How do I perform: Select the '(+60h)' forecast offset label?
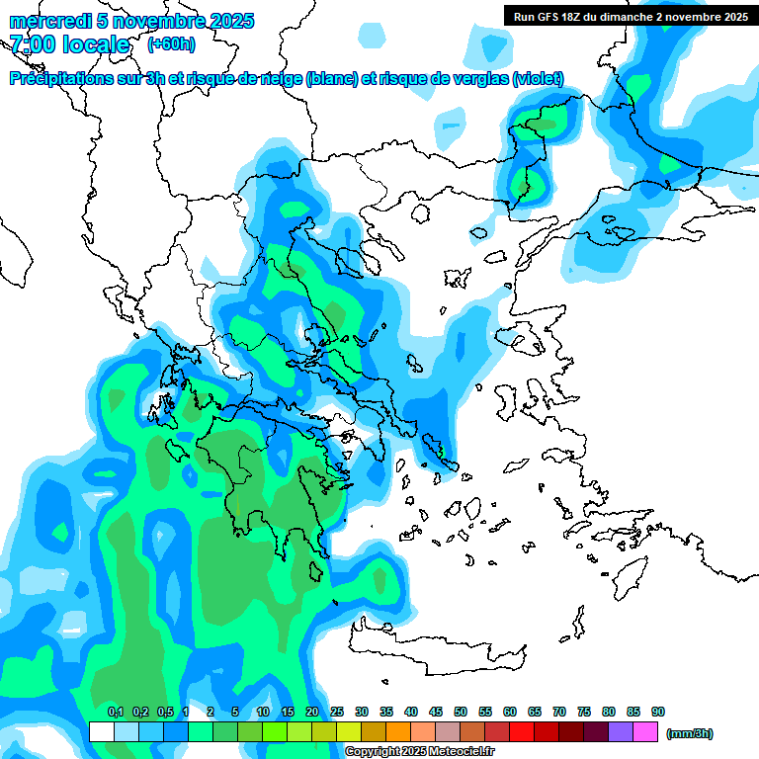click(171, 44)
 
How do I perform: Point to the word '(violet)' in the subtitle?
click(538, 79)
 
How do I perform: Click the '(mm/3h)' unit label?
click(689, 733)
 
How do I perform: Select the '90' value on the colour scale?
click(658, 713)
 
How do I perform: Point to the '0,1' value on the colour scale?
click(116, 713)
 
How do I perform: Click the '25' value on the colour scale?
click(337, 713)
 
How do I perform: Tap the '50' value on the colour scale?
click(461, 713)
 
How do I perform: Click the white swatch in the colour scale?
click(101, 732)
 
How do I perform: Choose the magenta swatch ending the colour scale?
click(645, 732)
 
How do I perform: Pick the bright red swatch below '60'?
click(522, 732)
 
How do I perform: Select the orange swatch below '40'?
click(398, 732)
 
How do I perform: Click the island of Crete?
click(435, 650)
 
